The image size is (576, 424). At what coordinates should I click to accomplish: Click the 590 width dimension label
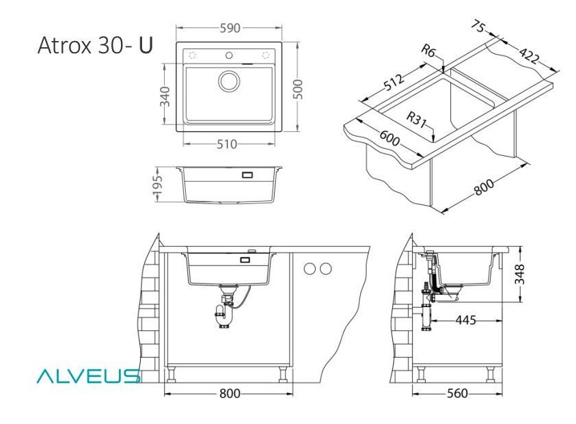[x=230, y=28]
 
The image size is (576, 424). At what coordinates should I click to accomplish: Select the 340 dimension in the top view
[x=165, y=96]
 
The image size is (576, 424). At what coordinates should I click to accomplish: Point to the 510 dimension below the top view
[x=227, y=144]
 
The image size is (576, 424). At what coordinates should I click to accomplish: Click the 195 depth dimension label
[x=157, y=185]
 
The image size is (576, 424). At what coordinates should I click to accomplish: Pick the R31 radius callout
[x=416, y=119]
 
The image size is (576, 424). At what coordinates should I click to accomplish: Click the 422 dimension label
[x=530, y=55]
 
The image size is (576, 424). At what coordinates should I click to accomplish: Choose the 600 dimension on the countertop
[x=389, y=138]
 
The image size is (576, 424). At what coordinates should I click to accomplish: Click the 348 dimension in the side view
[x=519, y=274]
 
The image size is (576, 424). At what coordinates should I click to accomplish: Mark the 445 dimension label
[x=465, y=320]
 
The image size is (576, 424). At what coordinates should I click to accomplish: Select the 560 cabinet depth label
[x=457, y=393]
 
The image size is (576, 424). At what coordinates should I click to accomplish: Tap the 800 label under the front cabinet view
[x=230, y=393]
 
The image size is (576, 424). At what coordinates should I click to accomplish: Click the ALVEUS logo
[x=89, y=376]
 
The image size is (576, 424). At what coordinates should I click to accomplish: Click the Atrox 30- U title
[x=95, y=45]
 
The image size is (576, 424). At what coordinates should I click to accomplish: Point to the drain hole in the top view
[x=229, y=81]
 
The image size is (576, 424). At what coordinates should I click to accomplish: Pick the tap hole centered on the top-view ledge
[x=229, y=55]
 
